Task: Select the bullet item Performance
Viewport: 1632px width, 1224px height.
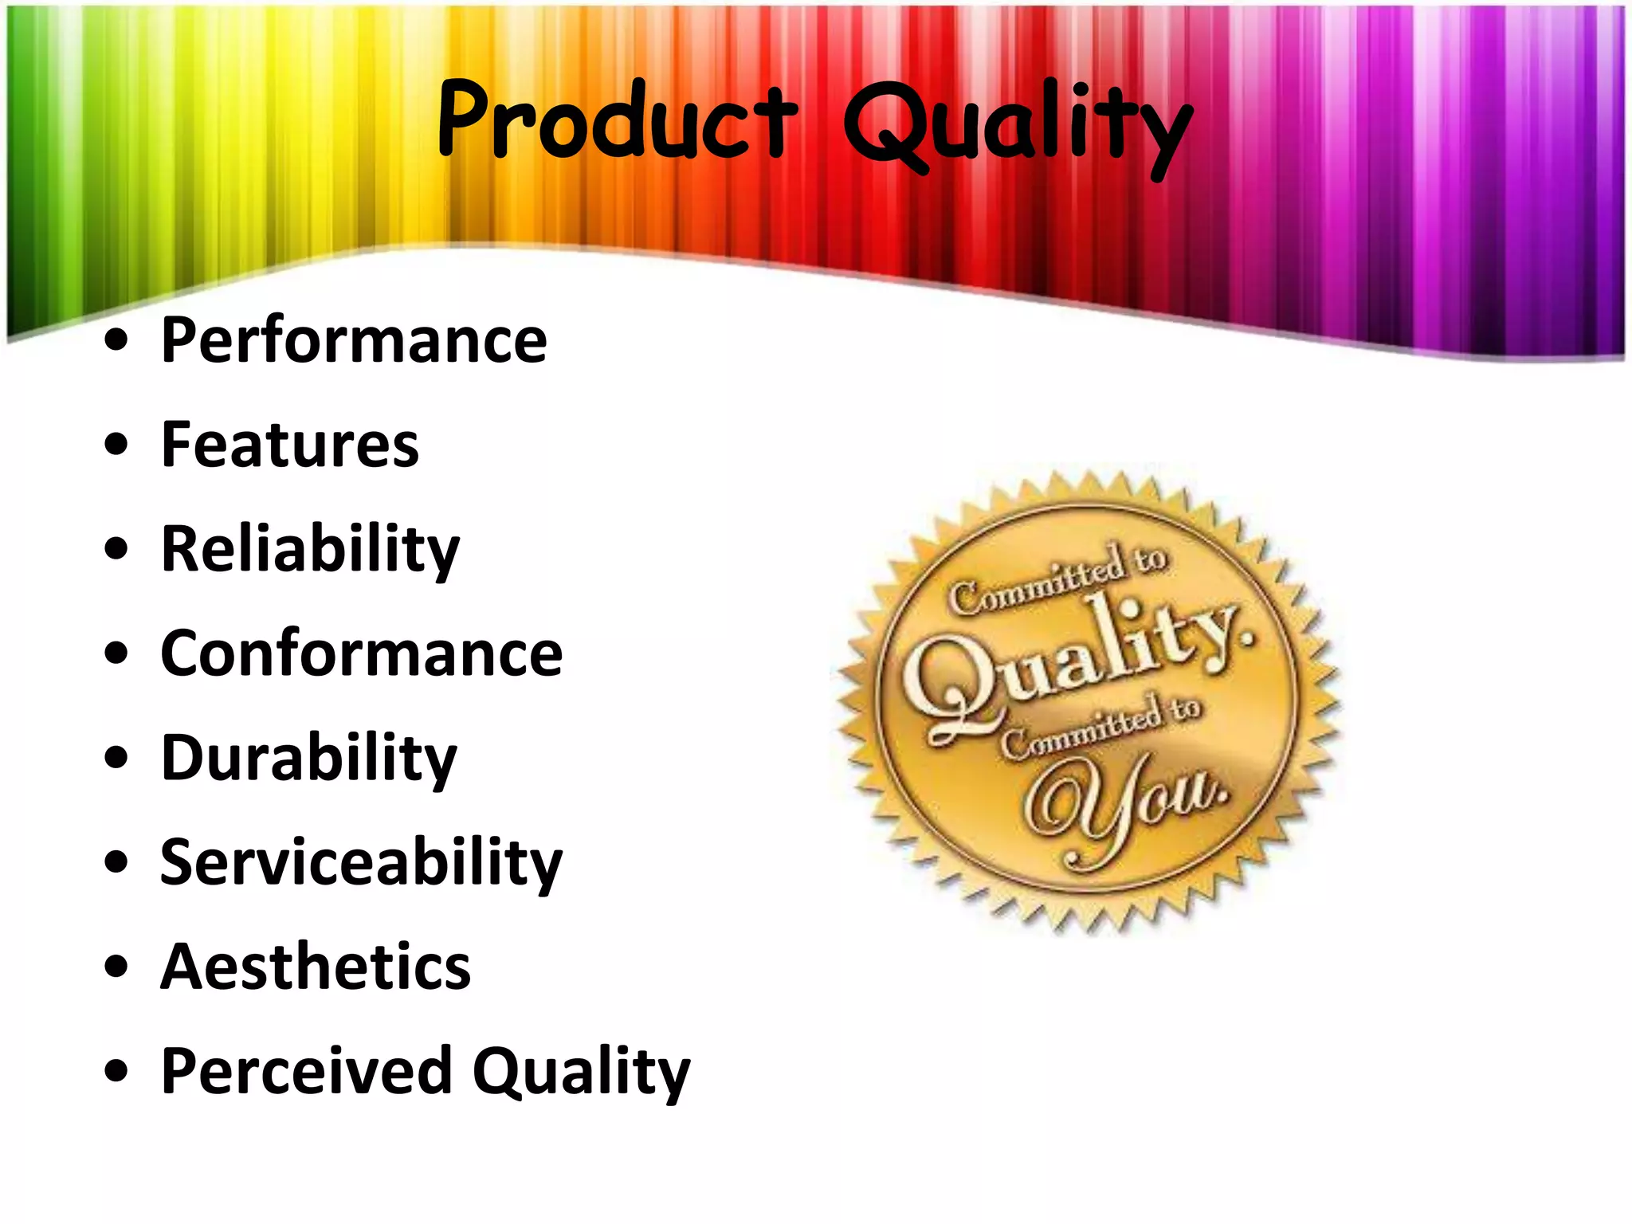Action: pyautogui.click(x=354, y=340)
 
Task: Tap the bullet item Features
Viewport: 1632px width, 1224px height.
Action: pyautogui.click(x=290, y=445)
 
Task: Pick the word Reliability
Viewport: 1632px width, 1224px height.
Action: pyautogui.click(x=311, y=550)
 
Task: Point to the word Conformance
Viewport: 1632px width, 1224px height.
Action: pyautogui.click(x=362, y=653)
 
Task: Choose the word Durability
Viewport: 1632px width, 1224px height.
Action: pyautogui.click(x=309, y=758)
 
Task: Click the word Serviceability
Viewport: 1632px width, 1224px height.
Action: pyautogui.click(x=362, y=862)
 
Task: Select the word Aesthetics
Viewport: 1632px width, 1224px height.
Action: pyautogui.click(x=316, y=967)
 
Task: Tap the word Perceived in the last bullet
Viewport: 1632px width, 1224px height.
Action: pyautogui.click(x=307, y=1071)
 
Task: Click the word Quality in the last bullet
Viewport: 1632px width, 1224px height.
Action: pyautogui.click(x=581, y=1073)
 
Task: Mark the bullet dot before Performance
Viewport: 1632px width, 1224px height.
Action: pyautogui.click(x=116, y=340)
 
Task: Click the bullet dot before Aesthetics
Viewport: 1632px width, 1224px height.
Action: pyautogui.click(x=116, y=967)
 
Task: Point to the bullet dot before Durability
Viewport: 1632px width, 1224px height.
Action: pyautogui.click(x=116, y=758)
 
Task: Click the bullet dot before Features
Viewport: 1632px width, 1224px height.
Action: pyautogui.click(x=116, y=445)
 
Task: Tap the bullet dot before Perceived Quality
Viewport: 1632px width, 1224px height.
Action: pyautogui.click(x=116, y=1072)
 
